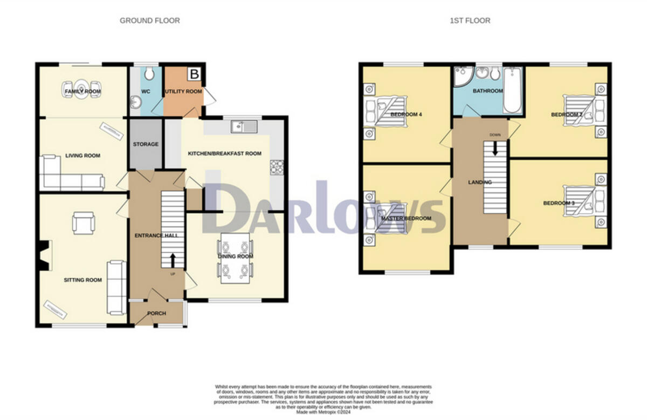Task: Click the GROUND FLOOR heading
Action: pyautogui.click(x=149, y=21)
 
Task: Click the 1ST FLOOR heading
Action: pyautogui.click(x=470, y=21)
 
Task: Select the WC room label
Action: pyautogui.click(x=145, y=92)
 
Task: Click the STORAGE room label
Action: pyautogui.click(x=146, y=144)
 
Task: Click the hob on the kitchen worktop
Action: pyautogui.click(x=277, y=167)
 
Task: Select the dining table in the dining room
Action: pyautogui.click(x=235, y=258)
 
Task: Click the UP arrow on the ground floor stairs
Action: pyautogui.click(x=173, y=261)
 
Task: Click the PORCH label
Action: pyautogui.click(x=156, y=314)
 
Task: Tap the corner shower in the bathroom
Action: pyautogui.click(x=463, y=78)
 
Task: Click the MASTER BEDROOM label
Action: pyautogui.click(x=406, y=218)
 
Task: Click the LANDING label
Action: pyautogui.click(x=480, y=182)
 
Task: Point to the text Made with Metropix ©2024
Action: pyautogui.click(x=323, y=412)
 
